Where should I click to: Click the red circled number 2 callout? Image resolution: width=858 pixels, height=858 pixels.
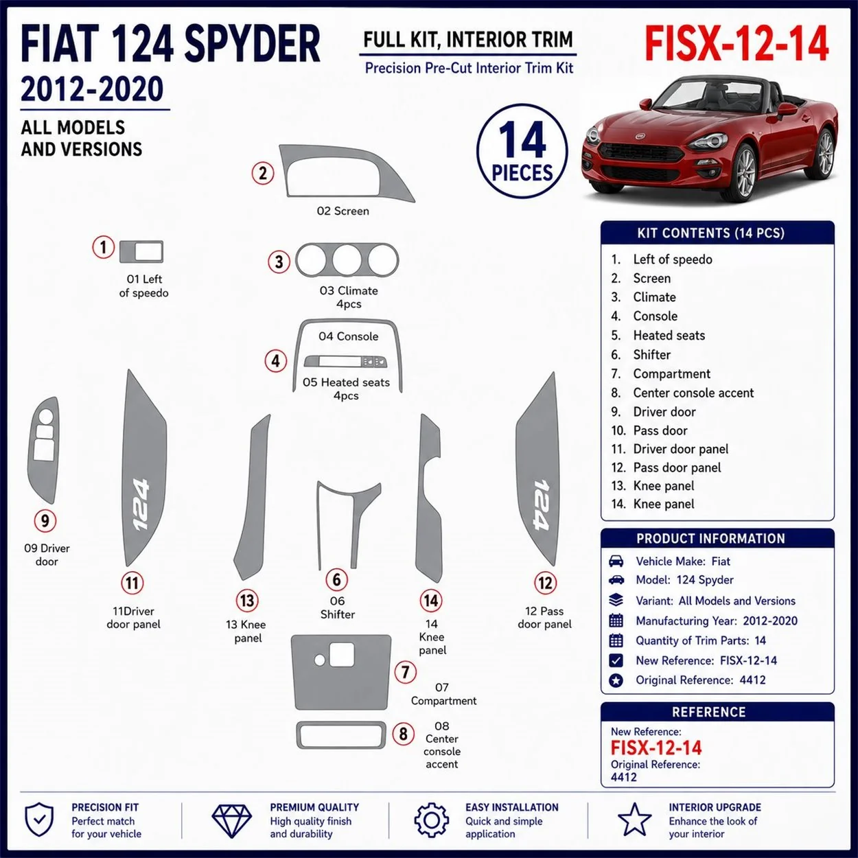(x=263, y=173)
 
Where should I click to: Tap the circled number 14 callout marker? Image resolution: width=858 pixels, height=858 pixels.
(x=430, y=600)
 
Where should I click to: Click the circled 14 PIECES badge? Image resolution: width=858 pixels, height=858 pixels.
(x=522, y=151)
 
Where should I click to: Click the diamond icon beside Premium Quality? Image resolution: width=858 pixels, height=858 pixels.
(x=231, y=820)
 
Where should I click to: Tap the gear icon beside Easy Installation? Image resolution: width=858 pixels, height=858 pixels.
(x=431, y=820)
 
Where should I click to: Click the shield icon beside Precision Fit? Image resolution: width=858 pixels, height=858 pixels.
(x=40, y=820)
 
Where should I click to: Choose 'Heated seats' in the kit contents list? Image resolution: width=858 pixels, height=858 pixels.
(x=669, y=335)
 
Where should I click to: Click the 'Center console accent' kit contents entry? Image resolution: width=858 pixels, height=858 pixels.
(x=693, y=393)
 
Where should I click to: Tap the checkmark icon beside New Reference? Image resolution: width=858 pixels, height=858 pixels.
(x=616, y=660)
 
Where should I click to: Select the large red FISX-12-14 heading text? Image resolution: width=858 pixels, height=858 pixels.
(x=737, y=44)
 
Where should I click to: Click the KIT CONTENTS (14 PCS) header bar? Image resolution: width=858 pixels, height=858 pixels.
(x=717, y=233)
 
